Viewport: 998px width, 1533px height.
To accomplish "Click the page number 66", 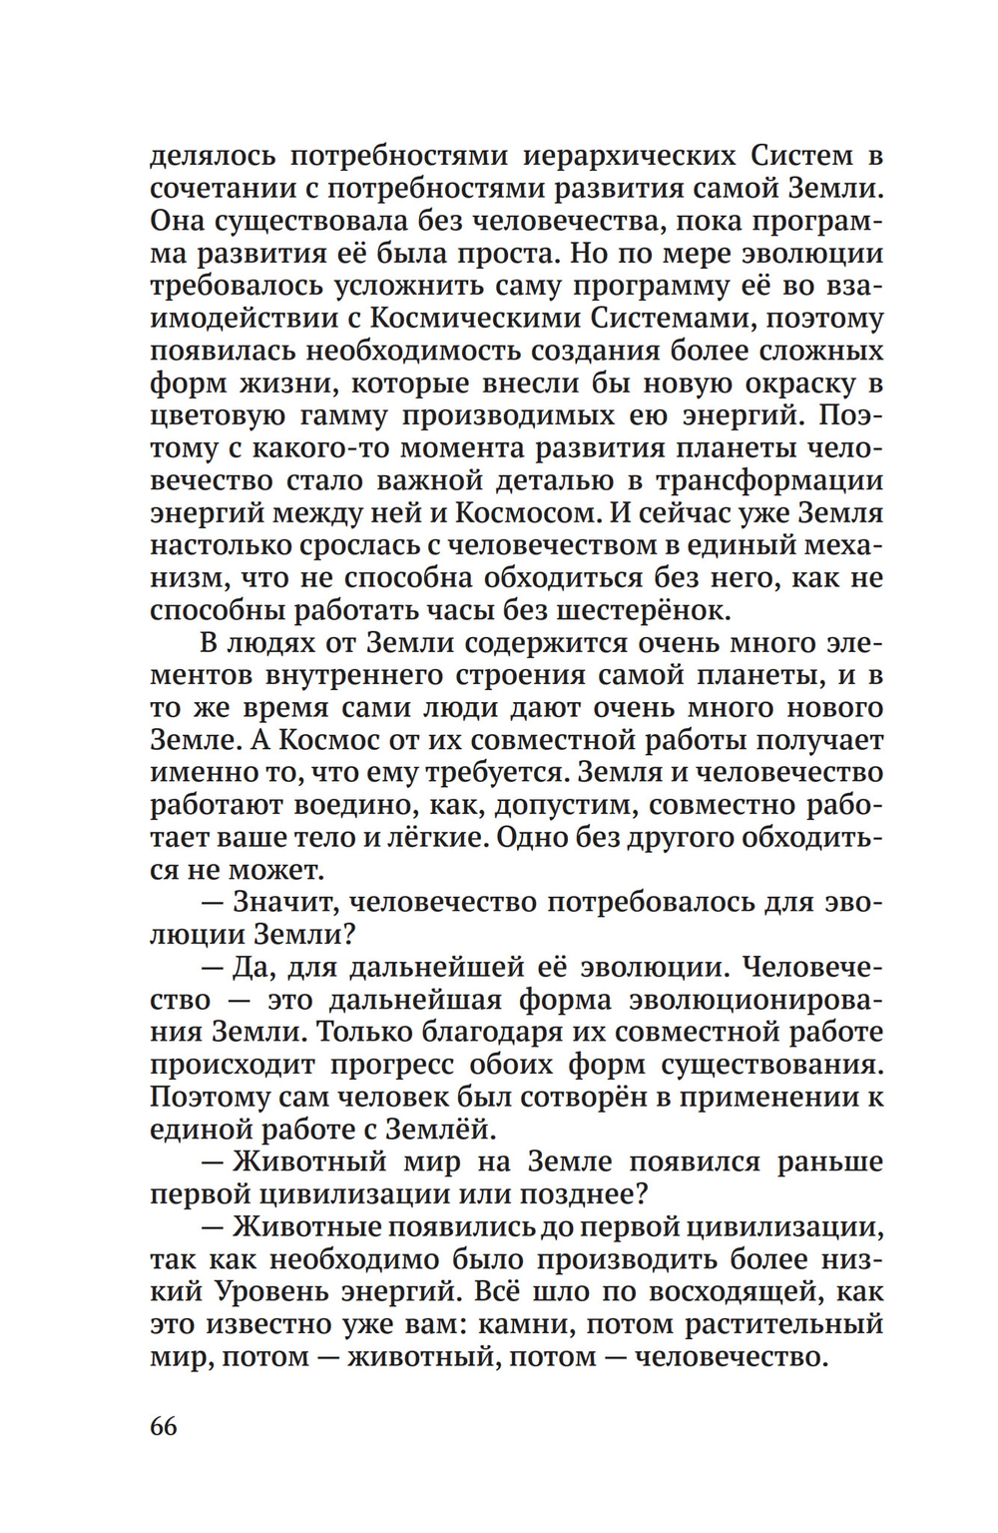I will pos(164,1425).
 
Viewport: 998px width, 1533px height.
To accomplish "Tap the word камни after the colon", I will pos(528,1324).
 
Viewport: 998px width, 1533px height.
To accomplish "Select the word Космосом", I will pos(528,513).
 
